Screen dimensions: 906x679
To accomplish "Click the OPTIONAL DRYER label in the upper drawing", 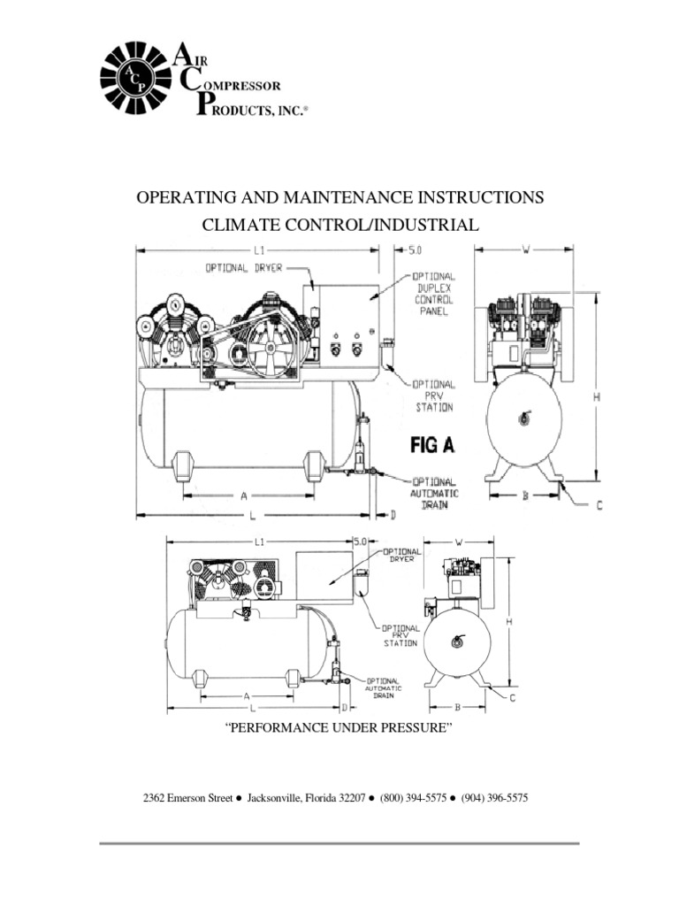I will pos(244,268).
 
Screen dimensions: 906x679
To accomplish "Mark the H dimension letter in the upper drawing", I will pos(596,398).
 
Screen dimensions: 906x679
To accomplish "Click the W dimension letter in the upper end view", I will pos(524,250).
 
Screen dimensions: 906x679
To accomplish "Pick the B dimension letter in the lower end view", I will pos(457,707).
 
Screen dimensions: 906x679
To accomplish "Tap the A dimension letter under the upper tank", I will pos(244,496).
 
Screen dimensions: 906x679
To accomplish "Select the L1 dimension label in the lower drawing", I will pos(259,541).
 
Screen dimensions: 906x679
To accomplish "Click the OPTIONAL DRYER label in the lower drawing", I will pos(401,555).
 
